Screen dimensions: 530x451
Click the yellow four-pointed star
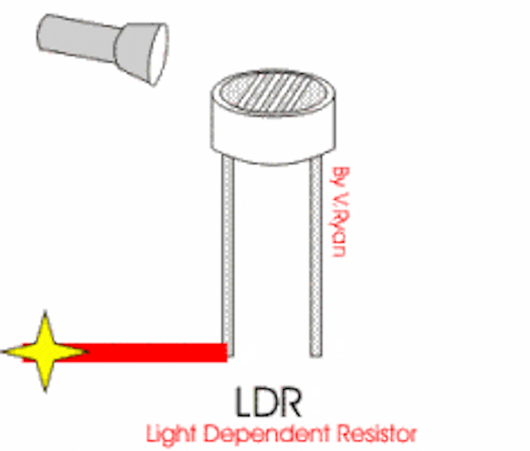pos(45,352)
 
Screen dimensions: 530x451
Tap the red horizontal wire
pos(135,352)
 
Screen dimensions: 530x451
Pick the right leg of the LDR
pos(316,256)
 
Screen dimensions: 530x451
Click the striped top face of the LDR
pos(273,92)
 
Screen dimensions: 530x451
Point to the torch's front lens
pos(159,54)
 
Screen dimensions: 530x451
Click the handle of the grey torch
pos(79,38)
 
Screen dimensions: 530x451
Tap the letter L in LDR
pos(243,402)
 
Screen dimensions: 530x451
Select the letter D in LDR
pos(266,402)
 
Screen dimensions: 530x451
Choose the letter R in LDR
pos(291,402)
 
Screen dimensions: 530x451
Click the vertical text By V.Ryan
pos(340,212)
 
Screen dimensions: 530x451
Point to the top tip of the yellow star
pos(45,312)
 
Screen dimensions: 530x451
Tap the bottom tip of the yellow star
pos(45,391)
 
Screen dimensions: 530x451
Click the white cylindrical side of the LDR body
pos(273,135)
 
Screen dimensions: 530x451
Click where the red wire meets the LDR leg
pos(227,352)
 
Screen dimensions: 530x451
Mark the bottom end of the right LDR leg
pos(316,356)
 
